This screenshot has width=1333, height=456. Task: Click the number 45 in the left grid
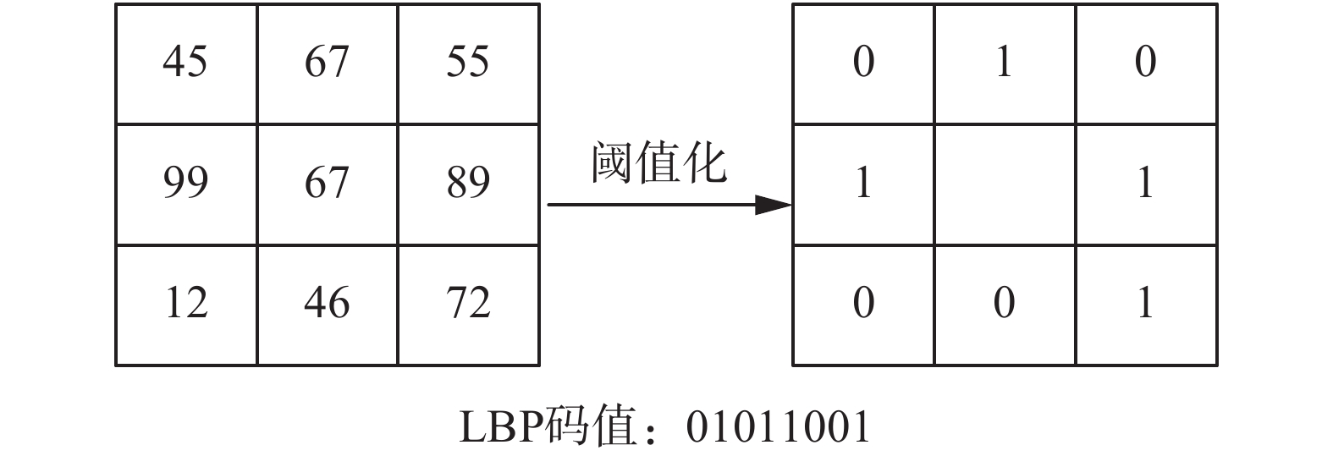(x=185, y=62)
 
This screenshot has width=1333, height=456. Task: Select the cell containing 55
(x=468, y=62)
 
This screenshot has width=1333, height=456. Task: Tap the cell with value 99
(x=185, y=183)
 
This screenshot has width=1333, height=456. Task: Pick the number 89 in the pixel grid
(x=468, y=183)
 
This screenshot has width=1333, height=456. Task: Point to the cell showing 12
(x=185, y=303)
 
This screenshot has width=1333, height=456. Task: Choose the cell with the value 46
(x=327, y=303)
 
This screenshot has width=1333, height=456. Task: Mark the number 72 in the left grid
(x=468, y=303)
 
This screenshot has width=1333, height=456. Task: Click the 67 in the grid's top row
(x=327, y=62)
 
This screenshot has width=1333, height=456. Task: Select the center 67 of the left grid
(x=327, y=183)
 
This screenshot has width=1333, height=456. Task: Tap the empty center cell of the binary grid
(x=1005, y=184)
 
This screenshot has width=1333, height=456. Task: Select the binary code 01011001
(x=778, y=427)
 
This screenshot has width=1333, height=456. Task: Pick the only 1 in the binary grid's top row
(x=1005, y=62)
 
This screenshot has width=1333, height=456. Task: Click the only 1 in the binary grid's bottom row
(x=1146, y=303)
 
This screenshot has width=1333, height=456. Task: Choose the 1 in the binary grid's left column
(x=863, y=183)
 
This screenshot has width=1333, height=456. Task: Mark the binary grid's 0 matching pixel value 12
(x=863, y=303)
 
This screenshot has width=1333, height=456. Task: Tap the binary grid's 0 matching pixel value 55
(x=1146, y=62)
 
